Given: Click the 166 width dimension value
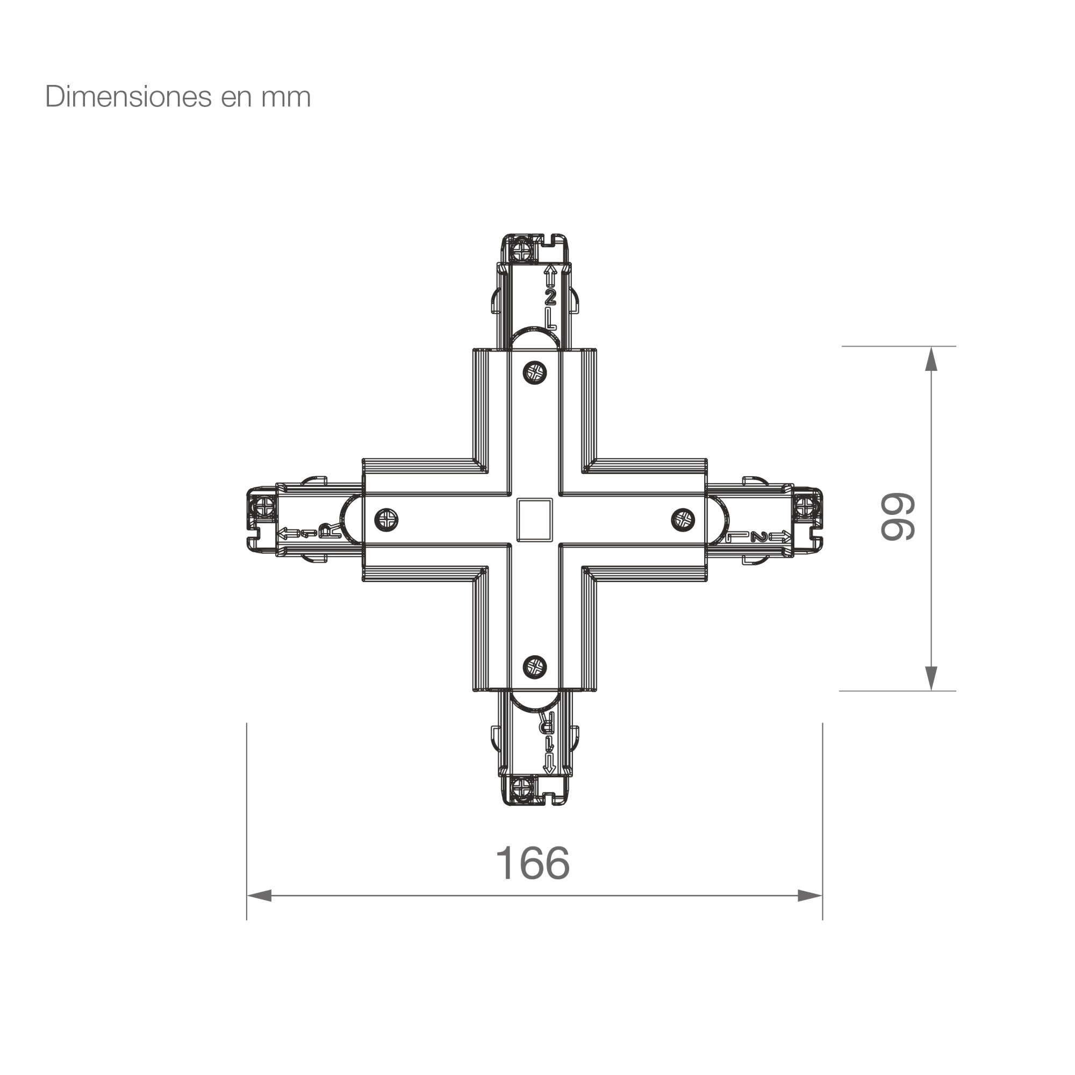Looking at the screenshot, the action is [533, 863].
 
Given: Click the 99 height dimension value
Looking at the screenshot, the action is [898, 517].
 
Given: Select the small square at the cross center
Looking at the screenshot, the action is [534, 520].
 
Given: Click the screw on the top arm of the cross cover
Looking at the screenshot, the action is [535, 372].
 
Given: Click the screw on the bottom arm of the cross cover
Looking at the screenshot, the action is [535, 666].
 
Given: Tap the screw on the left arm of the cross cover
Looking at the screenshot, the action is [386, 520].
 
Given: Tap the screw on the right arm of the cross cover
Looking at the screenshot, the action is [683, 520].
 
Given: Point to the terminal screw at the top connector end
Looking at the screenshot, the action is [522, 249].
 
